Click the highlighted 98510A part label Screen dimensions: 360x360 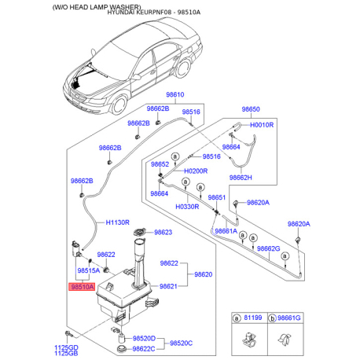83,288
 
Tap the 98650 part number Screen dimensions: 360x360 250,109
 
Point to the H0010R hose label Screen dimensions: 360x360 261,125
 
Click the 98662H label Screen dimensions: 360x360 261,177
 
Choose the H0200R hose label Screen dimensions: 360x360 196,171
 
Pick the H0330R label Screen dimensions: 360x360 187,206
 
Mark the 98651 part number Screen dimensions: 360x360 217,197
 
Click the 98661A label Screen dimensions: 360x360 225,231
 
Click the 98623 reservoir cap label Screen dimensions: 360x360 163,233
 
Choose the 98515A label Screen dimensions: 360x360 87,271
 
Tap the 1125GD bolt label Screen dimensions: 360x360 66,347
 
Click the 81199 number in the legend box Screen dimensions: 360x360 253,318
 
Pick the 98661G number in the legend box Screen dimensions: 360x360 291,318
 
